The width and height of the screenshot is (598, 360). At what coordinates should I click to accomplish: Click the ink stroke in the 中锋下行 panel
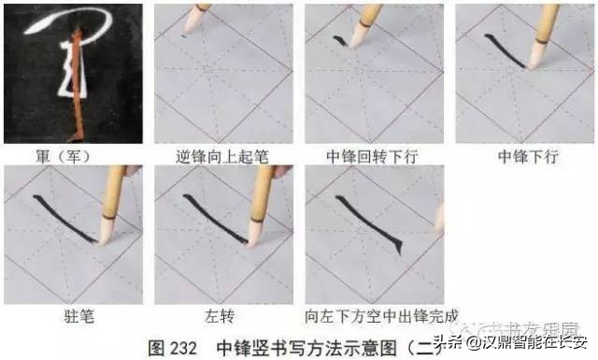(x=505, y=51)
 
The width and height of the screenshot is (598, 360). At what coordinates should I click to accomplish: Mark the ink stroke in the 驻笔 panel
(x=65, y=217)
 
